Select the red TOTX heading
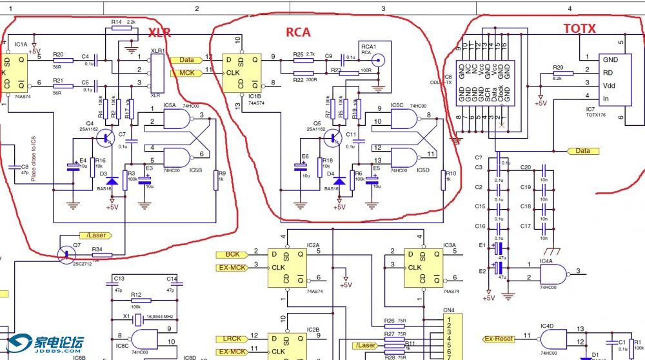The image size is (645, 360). [579, 28]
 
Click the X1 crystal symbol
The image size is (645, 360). [137, 320]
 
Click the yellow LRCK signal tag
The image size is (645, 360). [232, 339]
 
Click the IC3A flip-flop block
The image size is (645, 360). [423, 267]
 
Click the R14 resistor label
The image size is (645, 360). [117, 22]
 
